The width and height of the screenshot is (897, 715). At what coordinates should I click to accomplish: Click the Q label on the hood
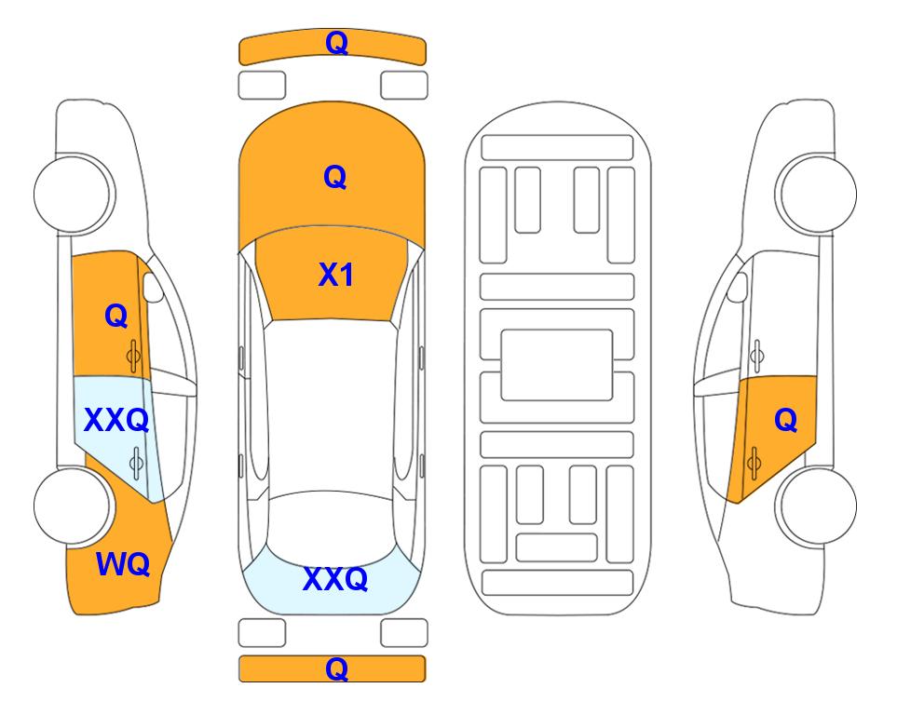pos(335,177)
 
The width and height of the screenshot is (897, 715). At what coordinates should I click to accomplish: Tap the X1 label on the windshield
pos(336,275)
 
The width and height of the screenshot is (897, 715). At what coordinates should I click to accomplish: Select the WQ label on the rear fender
pos(123,564)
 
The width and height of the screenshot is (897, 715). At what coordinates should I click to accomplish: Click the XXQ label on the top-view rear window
pos(335,579)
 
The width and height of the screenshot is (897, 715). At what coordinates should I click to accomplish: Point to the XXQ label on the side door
pos(116,421)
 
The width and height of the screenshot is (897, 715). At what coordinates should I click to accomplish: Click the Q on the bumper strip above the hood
pos(336,42)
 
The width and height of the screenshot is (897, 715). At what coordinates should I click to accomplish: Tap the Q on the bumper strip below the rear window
pos(336,668)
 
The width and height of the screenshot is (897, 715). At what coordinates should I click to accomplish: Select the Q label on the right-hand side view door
pos(786,421)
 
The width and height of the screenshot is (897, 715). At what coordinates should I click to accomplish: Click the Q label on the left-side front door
pos(116,316)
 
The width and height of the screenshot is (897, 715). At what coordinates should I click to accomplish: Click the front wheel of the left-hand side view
pos(73,194)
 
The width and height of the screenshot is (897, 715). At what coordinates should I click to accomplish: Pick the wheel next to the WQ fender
pos(73,506)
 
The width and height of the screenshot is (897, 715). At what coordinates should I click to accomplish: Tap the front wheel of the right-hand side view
pos(817,194)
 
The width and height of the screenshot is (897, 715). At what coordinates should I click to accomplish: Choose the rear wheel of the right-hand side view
pos(817,506)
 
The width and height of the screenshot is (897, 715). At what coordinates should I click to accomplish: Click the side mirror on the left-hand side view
pos(152,287)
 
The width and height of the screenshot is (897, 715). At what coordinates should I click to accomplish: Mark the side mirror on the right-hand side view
pos(738,287)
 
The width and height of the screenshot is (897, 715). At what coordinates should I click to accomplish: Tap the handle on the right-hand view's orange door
pos(754,463)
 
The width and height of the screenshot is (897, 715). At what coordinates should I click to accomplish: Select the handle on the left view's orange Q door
pos(133,357)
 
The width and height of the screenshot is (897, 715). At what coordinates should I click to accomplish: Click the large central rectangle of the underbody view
pos(557,365)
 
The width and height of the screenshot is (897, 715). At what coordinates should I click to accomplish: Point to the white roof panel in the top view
pos(332,406)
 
